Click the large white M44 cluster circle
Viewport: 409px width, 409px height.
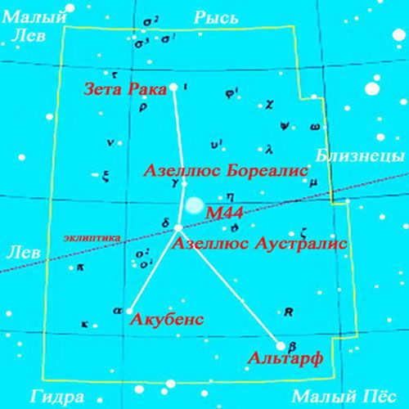click(195, 207)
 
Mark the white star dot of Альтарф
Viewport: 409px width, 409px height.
click(281, 345)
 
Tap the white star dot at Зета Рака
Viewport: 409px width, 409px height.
click(174, 87)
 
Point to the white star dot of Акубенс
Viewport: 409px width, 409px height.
click(129, 310)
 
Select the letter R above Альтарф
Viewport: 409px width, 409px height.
click(287, 312)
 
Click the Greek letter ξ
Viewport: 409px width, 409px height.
click(106, 174)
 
